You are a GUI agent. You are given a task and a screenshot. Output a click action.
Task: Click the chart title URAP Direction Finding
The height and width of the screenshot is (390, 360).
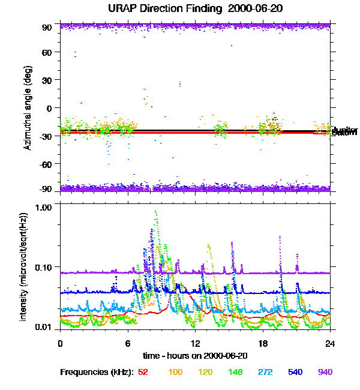pyautogui.click(x=180, y=9)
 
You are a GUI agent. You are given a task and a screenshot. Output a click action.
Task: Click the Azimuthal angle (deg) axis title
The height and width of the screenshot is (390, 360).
pyautogui.click(x=28, y=108)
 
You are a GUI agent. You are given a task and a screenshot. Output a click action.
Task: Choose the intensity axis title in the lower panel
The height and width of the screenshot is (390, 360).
pyautogui.click(x=25, y=266)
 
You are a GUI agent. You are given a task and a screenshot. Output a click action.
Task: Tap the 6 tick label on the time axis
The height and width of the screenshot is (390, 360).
pyautogui.click(x=128, y=343)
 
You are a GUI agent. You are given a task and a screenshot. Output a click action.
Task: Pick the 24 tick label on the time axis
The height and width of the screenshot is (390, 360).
pyautogui.click(x=330, y=343)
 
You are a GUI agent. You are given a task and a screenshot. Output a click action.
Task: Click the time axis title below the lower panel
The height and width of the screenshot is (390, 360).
pyautogui.click(x=195, y=356)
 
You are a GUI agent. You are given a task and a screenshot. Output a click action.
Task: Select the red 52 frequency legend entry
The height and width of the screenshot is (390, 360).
pyautogui.click(x=143, y=372)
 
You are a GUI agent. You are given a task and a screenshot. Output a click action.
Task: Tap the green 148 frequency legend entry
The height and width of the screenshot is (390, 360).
pyautogui.click(x=235, y=372)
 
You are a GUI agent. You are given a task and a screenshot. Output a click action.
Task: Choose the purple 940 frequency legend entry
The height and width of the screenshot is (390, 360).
pyautogui.click(x=325, y=372)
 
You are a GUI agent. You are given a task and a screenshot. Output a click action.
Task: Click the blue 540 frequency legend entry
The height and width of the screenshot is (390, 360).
pyautogui.click(x=295, y=372)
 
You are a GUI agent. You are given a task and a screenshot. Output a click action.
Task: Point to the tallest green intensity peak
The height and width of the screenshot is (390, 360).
pyautogui.click(x=156, y=212)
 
